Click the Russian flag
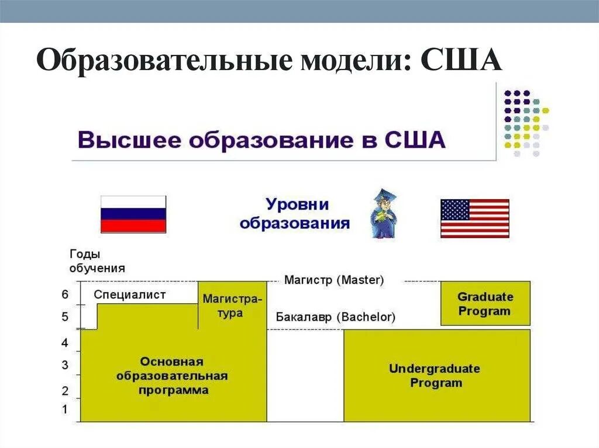click(x=133, y=214)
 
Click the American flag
click(x=474, y=218)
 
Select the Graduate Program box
click(x=485, y=304)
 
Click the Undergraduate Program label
click(x=434, y=376)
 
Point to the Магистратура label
click(x=232, y=305)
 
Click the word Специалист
click(x=129, y=295)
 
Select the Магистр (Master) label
click(x=334, y=280)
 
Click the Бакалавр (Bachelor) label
click(x=336, y=317)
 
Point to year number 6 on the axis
click(x=65, y=294)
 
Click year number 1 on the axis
click(x=65, y=409)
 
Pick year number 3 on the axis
click(x=65, y=366)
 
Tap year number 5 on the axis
click(x=65, y=317)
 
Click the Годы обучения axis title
click(x=97, y=261)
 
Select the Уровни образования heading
click(x=296, y=214)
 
